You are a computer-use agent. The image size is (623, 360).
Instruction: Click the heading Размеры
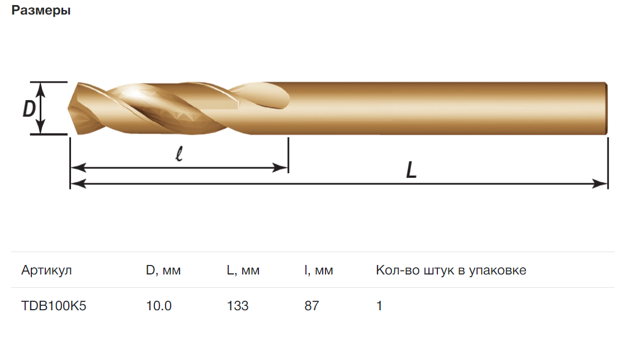[x=41, y=10]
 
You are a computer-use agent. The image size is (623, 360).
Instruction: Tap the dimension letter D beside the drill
[x=29, y=108]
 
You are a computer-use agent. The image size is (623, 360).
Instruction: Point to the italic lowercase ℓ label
[x=179, y=153]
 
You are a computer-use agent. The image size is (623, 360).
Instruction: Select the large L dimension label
[x=411, y=170]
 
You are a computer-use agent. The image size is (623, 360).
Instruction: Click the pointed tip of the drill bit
[x=68, y=108]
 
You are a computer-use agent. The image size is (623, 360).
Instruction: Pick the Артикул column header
[x=46, y=270]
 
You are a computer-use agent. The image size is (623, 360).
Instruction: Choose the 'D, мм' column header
[x=163, y=270]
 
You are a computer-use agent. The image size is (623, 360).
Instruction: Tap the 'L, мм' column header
[x=243, y=270]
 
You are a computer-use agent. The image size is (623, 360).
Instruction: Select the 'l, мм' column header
[x=319, y=270]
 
